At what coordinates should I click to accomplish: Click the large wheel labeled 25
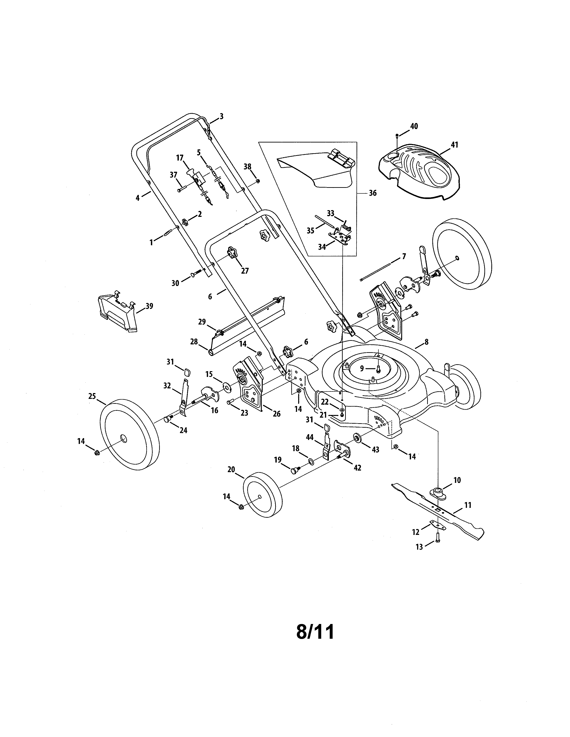(x=130, y=435)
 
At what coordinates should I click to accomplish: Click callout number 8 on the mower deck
(x=426, y=342)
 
